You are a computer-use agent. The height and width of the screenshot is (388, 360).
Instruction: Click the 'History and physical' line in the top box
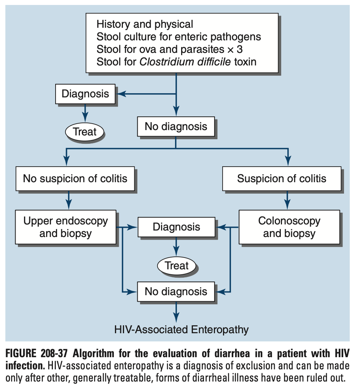[x=145, y=24]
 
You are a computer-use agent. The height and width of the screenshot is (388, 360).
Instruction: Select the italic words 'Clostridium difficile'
[x=185, y=61]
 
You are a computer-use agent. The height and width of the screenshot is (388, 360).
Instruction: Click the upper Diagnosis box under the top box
[x=85, y=94]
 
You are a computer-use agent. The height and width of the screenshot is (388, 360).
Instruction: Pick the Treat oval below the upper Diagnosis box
[x=84, y=132]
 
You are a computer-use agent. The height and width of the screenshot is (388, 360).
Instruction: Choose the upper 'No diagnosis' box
[x=176, y=126]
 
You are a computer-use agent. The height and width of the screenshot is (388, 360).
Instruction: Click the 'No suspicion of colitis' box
[x=75, y=178]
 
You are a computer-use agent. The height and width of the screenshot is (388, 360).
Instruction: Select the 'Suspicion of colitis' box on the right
[x=282, y=178]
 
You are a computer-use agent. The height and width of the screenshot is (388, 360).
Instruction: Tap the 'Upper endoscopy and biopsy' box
[x=65, y=227]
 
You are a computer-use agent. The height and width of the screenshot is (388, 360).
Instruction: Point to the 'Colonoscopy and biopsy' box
[x=289, y=227]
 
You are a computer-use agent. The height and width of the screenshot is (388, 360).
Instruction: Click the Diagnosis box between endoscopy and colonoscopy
[x=176, y=227]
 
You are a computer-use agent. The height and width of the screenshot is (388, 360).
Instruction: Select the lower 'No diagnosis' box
[x=176, y=292]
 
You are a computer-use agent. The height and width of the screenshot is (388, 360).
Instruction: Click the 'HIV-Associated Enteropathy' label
[x=181, y=329]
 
